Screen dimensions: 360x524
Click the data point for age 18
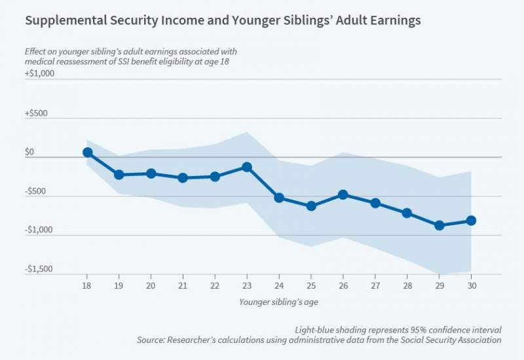[87, 152]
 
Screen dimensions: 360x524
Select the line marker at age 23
[247, 167]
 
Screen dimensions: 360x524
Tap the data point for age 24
[279, 198]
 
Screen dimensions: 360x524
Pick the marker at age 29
[439, 225]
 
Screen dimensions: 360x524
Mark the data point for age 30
[471, 221]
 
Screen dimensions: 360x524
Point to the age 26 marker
[343, 194]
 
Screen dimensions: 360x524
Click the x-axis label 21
[183, 285]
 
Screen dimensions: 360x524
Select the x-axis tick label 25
[311, 285]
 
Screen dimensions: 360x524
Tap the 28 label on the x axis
[407, 285]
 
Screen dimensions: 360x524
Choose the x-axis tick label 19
[119, 285]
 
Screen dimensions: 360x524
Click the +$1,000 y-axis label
[39, 73]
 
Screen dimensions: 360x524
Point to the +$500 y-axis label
[37, 113]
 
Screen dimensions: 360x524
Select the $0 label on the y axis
[29, 152]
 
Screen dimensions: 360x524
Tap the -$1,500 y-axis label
[39, 269]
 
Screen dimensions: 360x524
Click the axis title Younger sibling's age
[279, 302]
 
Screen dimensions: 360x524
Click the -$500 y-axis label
[37, 191]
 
